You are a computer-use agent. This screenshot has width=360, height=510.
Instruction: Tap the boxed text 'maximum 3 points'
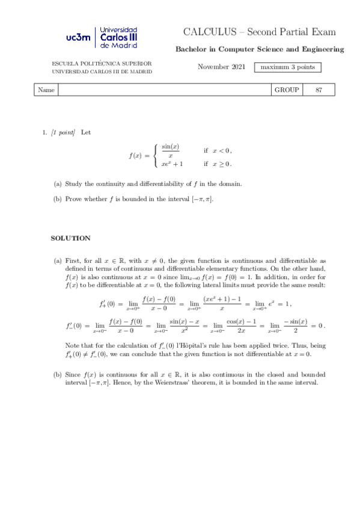pos(287,67)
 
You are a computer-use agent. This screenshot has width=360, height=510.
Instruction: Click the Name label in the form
pos(46,90)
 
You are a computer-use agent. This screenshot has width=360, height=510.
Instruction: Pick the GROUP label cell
pos(286,90)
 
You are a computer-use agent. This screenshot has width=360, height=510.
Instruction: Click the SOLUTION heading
pos(70,238)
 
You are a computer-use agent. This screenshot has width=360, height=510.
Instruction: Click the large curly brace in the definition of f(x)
pos(156,155)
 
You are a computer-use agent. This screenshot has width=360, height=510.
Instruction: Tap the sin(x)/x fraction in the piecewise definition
pos(171,151)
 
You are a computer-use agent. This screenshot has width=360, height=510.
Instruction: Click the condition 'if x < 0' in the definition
pos(218,150)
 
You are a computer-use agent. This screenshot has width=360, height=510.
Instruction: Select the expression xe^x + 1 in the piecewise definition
pos(172,163)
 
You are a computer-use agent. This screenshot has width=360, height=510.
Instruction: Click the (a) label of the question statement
pos(58,183)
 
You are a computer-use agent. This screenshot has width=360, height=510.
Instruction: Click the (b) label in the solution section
pos(58,374)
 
